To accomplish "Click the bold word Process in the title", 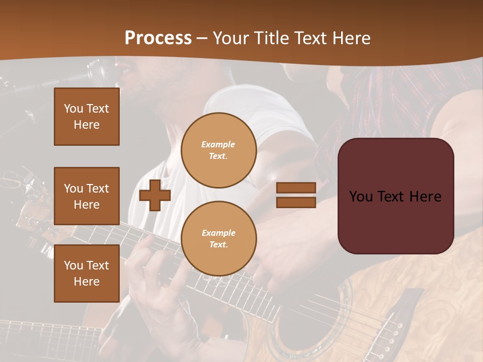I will click(x=158, y=38).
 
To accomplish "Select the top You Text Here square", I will click(x=87, y=117).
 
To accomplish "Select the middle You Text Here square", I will click(x=87, y=196).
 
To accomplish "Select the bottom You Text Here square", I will click(x=87, y=274).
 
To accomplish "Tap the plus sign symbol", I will click(x=154, y=196).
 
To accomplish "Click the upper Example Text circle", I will click(x=219, y=150).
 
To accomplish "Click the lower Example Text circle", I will click(x=219, y=239).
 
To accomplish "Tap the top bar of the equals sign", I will click(x=296, y=188).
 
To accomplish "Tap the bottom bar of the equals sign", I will click(x=296, y=202).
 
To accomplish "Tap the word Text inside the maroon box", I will click(x=392, y=197).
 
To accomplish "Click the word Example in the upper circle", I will click(x=218, y=144).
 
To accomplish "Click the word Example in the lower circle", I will click(x=218, y=233).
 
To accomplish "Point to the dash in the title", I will click(x=202, y=38).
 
